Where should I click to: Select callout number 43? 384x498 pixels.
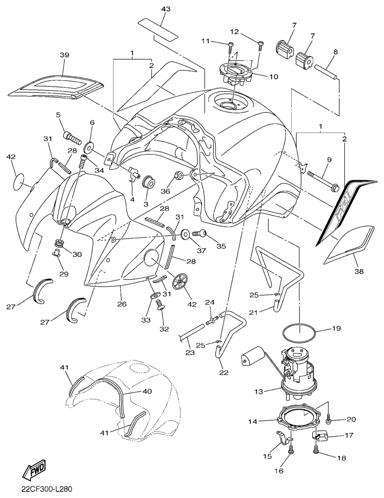tap(166, 10)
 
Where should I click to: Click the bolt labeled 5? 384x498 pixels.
tap(73, 136)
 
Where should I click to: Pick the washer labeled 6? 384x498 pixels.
tap(89, 147)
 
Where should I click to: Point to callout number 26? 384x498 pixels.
tap(122, 304)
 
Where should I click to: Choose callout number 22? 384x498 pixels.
tap(224, 373)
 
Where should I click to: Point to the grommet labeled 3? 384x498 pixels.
tap(149, 182)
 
